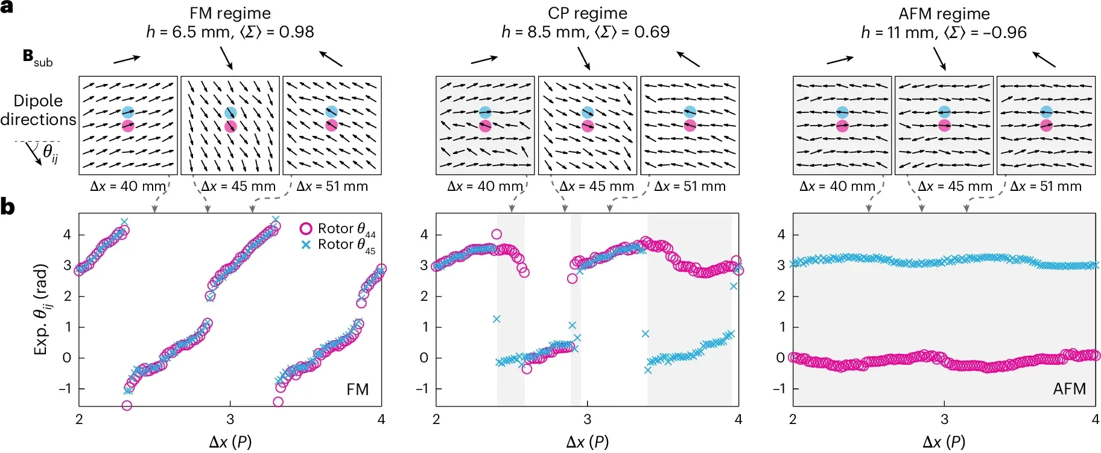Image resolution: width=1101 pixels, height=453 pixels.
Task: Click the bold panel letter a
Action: (x=7, y=8)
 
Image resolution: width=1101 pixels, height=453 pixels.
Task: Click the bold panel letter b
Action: (x=7, y=207)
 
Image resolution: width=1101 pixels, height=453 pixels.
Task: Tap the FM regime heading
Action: (x=230, y=13)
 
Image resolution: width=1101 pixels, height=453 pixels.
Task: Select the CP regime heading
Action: (x=587, y=13)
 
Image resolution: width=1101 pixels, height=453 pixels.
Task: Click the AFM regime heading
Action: (x=944, y=14)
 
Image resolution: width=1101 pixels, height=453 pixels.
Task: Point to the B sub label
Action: (x=37, y=58)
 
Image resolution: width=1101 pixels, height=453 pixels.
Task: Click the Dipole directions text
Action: (x=38, y=110)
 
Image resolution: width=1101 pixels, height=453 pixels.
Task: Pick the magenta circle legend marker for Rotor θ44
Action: (x=306, y=228)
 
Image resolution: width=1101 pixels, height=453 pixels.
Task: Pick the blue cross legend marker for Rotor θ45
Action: (x=306, y=245)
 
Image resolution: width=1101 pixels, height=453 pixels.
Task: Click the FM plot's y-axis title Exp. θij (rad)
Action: (x=41, y=309)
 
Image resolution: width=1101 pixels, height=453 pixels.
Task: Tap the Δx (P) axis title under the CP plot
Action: (x=587, y=442)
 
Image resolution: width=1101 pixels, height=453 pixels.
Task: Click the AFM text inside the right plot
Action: (x=1069, y=389)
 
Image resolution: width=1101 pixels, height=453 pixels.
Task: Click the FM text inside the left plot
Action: (x=357, y=390)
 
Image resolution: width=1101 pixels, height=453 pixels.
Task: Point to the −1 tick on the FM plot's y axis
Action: (x=65, y=388)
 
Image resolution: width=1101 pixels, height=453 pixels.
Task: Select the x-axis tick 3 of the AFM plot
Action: (x=944, y=419)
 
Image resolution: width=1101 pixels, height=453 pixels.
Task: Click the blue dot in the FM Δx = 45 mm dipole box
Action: (x=230, y=113)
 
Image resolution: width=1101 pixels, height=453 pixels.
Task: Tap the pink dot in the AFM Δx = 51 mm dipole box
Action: (x=1047, y=126)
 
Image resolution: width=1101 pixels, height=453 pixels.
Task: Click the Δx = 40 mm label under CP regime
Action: (x=484, y=187)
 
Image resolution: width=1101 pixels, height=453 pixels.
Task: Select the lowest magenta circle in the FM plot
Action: (x=127, y=405)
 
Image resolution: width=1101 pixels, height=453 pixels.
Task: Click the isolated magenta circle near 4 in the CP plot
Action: (x=497, y=234)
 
